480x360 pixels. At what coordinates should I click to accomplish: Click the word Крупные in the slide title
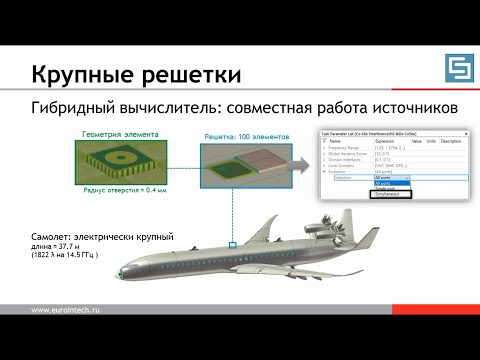click(83, 74)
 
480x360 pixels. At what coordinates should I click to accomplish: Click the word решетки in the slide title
click(189, 74)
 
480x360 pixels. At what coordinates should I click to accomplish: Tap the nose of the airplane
click(122, 272)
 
